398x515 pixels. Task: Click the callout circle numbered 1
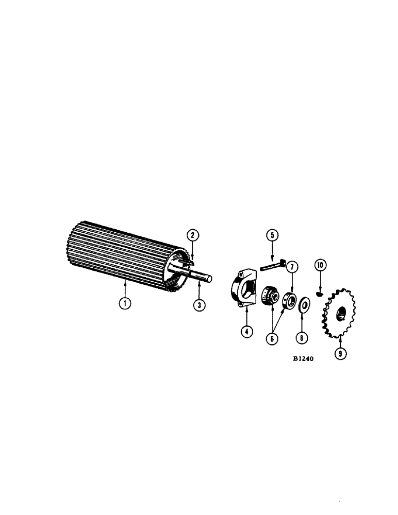(x=125, y=303)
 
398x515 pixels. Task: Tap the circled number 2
(x=192, y=235)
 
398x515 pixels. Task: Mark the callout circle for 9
(x=339, y=354)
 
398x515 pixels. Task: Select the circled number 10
(x=321, y=266)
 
